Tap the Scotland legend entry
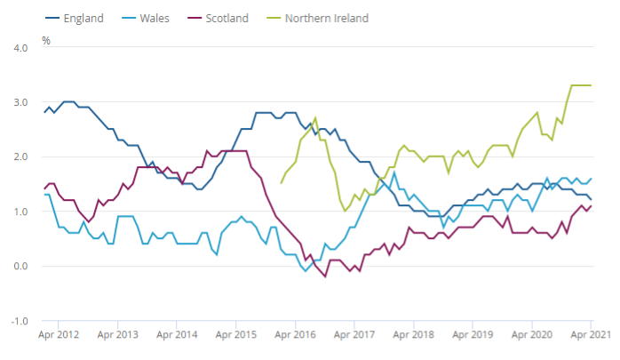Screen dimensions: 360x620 click(x=228, y=18)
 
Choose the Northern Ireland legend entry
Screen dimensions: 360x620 click(x=326, y=18)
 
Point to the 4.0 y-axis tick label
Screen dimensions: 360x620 click(x=20, y=48)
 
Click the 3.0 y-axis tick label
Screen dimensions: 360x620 click(x=20, y=103)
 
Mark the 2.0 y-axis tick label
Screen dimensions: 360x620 click(x=20, y=157)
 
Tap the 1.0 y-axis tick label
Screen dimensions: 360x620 click(x=20, y=212)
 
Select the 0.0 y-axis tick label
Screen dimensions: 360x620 click(x=20, y=267)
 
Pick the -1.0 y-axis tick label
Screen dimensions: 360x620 click(x=18, y=321)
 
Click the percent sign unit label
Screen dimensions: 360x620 click(x=46, y=41)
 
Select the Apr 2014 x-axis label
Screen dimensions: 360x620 click(x=175, y=337)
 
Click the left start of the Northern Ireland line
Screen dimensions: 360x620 click(x=281, y=183)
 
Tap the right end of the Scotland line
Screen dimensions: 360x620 click(x=592, y=205)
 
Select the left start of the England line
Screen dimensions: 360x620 click(x=44, y=113)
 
